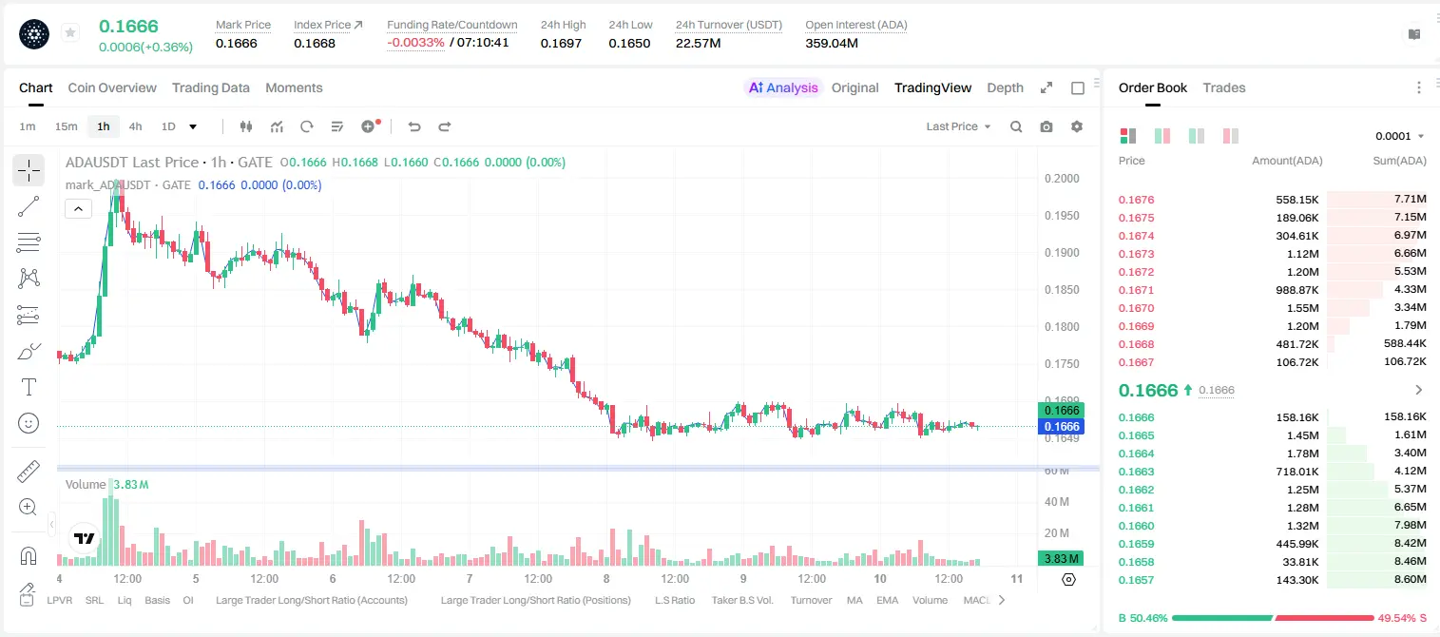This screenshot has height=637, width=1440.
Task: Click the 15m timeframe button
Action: (66, 126)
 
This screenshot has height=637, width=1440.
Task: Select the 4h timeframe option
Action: (135, 126)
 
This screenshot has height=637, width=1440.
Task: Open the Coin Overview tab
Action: (112, 88)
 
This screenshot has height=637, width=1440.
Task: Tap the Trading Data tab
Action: (210, 88)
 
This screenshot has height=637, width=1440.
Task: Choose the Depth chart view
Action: (1005, 88)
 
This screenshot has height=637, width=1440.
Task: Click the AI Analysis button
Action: (783, 88)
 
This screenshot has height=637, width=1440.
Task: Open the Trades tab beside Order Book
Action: (1224, 88)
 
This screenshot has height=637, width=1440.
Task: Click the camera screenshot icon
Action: (1046, 126)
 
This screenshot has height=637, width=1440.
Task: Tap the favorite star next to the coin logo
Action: (70, 32)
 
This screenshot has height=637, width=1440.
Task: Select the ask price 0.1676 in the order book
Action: (1136, 200)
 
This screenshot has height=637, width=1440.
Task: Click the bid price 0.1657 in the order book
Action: (1136, 580)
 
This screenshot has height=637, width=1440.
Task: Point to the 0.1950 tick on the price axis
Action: (1062, 215)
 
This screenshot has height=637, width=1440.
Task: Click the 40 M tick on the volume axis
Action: (1056, 501)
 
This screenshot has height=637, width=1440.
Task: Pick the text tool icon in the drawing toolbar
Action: (29, 387)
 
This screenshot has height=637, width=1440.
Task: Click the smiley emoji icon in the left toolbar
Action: (29, 423)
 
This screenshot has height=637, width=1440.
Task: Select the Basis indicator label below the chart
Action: (158, 600)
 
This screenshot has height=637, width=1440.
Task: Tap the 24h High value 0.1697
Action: (561, 43)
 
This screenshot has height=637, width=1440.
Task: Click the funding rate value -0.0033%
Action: (415, 43)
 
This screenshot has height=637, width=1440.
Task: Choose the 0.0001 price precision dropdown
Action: (1399, 136)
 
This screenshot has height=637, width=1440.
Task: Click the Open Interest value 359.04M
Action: (832, 43)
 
